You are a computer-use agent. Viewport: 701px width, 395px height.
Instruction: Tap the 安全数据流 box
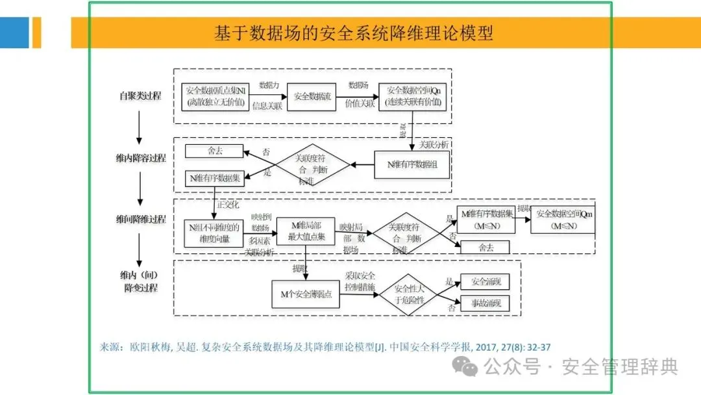(x=310, y=96)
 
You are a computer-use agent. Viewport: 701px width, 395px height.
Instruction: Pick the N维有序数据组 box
(x=412, y=164)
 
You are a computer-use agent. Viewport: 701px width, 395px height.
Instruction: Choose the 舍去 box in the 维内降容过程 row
(x=214, y=151)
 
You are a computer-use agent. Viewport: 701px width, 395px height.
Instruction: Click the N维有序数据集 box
(x=215, y=177)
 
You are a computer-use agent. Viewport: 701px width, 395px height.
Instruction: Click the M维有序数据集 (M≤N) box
(x=487, y=220)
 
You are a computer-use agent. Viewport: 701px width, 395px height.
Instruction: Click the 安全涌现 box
(x=486, y=282)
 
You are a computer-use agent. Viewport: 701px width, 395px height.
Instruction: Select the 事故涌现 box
(x=486, y=303)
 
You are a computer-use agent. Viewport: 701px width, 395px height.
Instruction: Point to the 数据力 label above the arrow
(x=269, y=85)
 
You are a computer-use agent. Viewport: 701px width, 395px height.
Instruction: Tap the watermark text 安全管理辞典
(x=620, y=368)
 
